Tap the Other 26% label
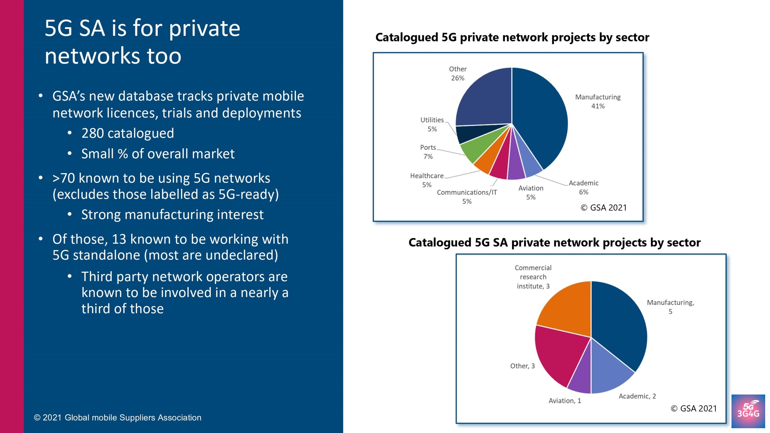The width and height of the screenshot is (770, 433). coord(458,73)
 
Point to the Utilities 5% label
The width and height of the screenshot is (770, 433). coord(432,124)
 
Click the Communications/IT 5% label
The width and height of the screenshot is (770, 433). coord(467,196)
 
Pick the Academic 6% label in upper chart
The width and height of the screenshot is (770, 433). coord(584,187)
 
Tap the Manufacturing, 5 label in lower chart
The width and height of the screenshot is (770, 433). coord(670,307)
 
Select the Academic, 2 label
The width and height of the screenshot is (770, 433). coord(637,396)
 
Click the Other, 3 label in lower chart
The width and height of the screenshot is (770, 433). coord(522,366)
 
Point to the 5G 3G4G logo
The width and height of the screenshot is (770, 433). coord(748,411)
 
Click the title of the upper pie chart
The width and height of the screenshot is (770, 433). coord(512,37)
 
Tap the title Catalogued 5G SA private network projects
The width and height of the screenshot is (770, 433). coord(554,243)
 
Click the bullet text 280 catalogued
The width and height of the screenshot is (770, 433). coord(128,133)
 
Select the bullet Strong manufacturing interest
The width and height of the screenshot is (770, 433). coord(172,214)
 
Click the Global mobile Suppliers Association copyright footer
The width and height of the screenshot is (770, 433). coord(118,417)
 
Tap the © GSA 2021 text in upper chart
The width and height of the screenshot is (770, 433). coord(604,208)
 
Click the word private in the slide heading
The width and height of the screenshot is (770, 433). coord(204,28)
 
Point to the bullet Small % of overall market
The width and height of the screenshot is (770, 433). coord(158,154)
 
